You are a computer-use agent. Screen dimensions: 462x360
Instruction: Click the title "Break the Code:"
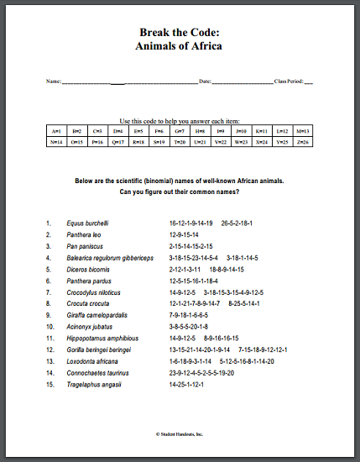pyautogui.click(x=179, y=32)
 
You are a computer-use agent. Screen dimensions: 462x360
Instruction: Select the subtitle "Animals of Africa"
pyautogui.click(x=179, y=45)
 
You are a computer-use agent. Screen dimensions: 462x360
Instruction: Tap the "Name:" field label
pyautogui.click(x=54, y=81)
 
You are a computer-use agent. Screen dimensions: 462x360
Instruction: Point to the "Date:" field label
pyautogui.click(x=205, y=81)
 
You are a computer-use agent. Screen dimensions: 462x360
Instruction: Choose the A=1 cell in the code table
pyautogui.click(x=56, y=131)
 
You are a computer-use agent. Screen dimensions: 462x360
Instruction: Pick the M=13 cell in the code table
pyautogui.click(x=302, y=131)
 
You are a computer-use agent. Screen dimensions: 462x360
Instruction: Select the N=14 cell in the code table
pyautogui.click(x=56, y=142)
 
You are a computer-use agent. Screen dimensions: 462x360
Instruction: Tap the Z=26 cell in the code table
pyautogui.click(x=302, y=142)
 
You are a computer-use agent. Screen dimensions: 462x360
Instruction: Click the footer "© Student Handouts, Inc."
pyautogui.click(x=180, y=434)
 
